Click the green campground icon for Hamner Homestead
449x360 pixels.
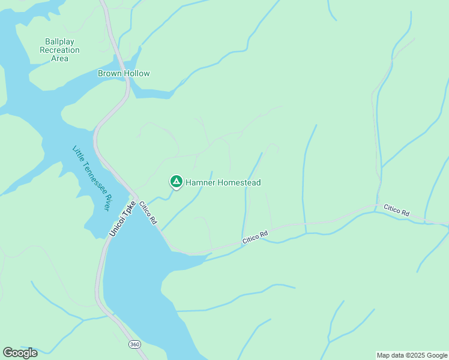(x=176, y=181)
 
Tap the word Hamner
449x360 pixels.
(x=200, y=182)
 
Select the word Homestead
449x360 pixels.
(x=238, y=182)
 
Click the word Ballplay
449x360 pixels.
(x=59, y=41)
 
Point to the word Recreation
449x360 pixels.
(x=59, y=50)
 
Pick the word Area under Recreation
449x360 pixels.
(x=59, y=58)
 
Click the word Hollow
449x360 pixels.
(x=137, y=73)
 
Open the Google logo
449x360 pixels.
(x=20, y=352)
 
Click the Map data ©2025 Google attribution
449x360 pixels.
(x=412, y=355)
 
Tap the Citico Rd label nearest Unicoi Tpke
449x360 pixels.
(x=148, y=213)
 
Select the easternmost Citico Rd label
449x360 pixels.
(x=396, y=212)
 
